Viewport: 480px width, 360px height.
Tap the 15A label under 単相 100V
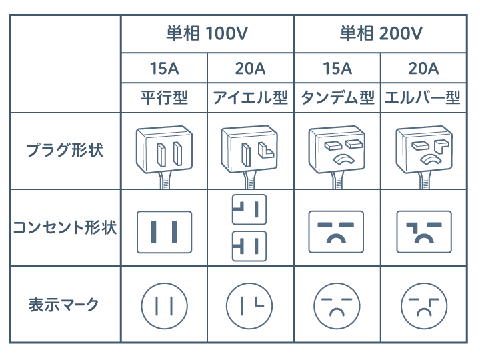(163, 68)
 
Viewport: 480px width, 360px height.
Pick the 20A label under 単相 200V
(423, 68)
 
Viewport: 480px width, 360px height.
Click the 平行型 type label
(164, 98)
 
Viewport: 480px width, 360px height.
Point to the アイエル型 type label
(250, 98)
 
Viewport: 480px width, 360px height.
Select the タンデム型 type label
(337, 98)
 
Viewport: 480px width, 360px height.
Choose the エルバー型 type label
(423, 98)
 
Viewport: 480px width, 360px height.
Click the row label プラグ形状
(65, 149)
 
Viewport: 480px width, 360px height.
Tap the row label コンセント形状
(65, 228)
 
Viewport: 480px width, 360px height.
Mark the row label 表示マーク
(65, 305)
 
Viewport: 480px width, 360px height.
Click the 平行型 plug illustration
(163, 149)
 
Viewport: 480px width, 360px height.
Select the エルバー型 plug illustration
(423, 149)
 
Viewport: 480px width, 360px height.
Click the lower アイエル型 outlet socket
(249, 246)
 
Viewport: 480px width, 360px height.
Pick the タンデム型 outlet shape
(337, 231)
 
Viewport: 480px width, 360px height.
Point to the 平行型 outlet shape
(163, 231)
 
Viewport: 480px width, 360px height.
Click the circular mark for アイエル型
(250, 305)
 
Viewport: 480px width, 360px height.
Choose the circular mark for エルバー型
(423, 305)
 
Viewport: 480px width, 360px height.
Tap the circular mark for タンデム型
(337, 305)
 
